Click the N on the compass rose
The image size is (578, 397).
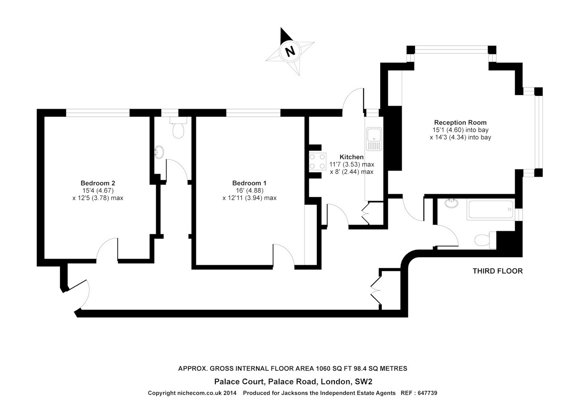[x=291, y=51]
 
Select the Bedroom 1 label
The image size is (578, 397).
[x=250, y=183]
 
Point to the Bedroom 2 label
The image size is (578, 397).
[x=98, y=183]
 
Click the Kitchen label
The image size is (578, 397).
[x=352, y=157]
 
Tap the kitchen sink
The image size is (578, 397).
[x=374, y=139]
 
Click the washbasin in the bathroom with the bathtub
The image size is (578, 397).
[x=451, y=203]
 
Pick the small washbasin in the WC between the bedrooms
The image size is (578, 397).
[x=159, y=152]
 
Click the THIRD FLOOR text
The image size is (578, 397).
[x=498, y=271]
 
